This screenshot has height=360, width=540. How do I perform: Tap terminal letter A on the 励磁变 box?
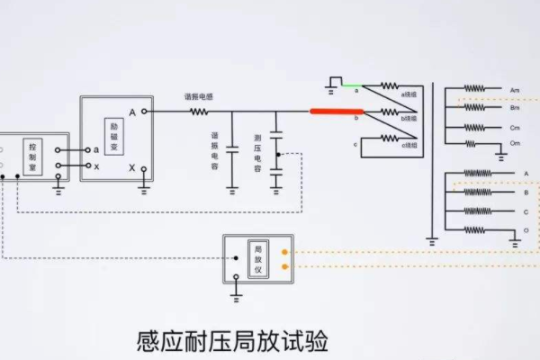pyautogui.click(x=132, y=112)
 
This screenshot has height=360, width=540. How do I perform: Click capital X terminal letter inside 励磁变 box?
pyautogui.click(x=132, y=168)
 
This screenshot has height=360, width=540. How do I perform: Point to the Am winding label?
pyautogui.click(x=515, y=91)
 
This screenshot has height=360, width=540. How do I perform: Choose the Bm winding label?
pyautogui.click(x=515, y=108)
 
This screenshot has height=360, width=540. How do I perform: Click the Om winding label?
pyautogui.click(x=515, y=143)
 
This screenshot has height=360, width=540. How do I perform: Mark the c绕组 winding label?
pyautogui.click(x=409, y=145)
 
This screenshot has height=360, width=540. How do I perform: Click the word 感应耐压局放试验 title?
pyautogui.click(x=232, y=343)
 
